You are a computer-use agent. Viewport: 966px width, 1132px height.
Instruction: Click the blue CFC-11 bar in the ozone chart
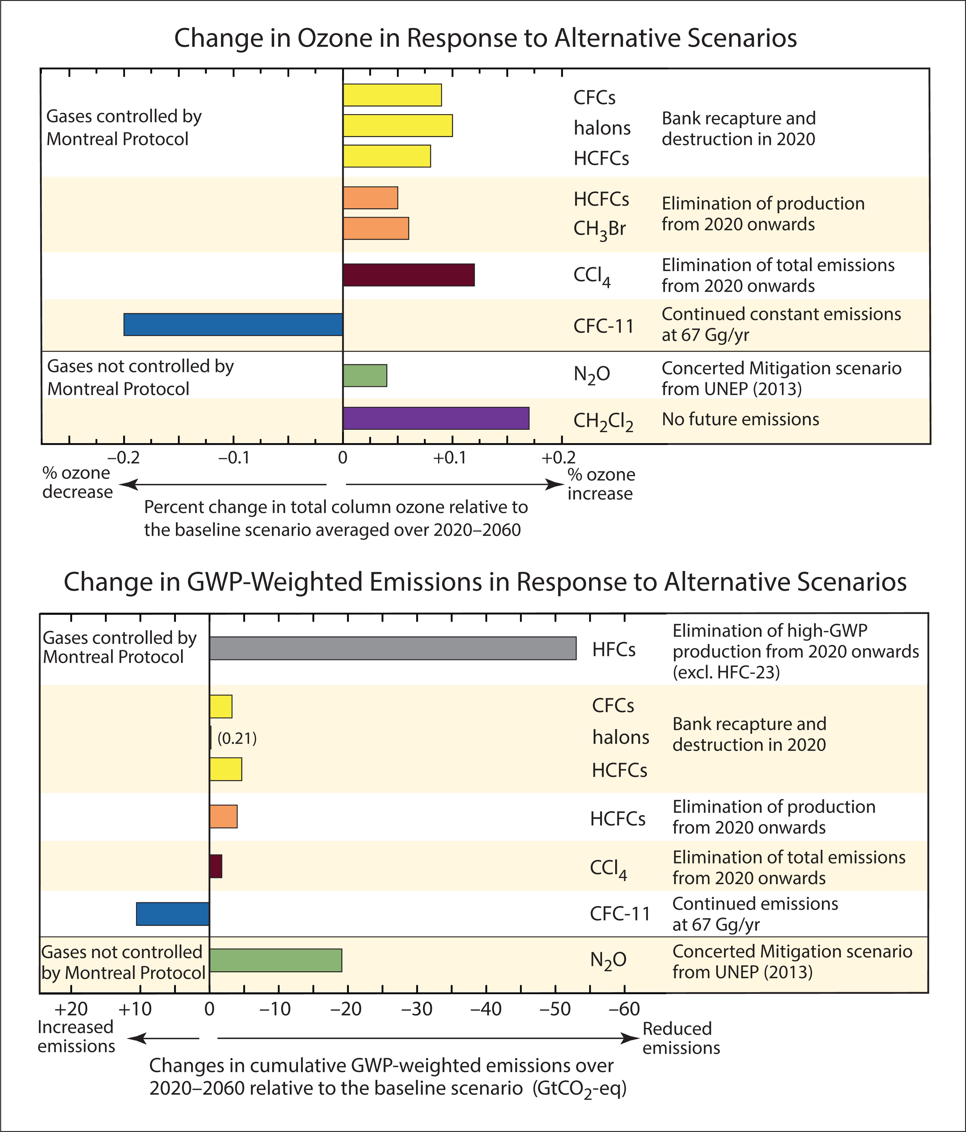(233, 324)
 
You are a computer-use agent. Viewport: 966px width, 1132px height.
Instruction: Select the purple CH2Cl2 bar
(436, 418)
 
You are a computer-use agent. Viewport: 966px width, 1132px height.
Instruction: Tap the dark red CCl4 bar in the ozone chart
(409, 275)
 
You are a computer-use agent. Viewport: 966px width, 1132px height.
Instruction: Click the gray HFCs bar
(393, 648)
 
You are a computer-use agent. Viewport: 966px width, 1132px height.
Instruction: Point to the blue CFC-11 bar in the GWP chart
(173, 914)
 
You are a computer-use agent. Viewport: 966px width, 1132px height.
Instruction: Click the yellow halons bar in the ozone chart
(398, 125)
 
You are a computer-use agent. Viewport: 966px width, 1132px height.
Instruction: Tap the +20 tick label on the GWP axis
(71, 1009)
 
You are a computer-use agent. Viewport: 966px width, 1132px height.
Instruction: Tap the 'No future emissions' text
(740, 419)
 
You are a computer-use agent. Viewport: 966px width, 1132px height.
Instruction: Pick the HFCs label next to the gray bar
(614, 649)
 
